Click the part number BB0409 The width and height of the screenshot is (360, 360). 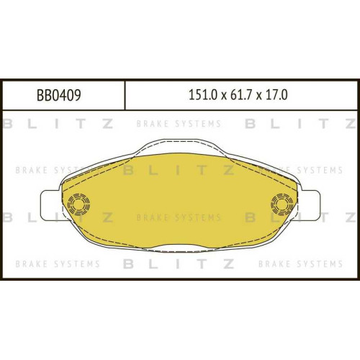[x=59, y=95]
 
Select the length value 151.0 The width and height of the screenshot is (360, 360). [x=203, y=95]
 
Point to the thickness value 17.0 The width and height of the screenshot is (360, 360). [x=276, y=95]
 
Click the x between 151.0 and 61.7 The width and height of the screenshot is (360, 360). [x=224, y=96]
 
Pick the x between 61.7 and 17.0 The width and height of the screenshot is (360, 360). [x=258, y=96]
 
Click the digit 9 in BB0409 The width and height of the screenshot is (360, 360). [x=77, y=95]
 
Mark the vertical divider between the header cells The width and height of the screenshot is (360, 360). [x=125, y=95]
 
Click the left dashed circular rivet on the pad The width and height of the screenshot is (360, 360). [x=78, y=204]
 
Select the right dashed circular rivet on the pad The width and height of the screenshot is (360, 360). [x=282, y=204]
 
